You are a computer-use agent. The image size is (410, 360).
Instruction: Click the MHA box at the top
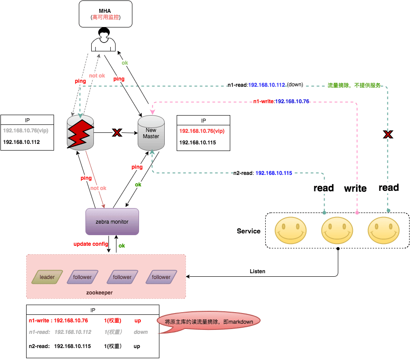(x=105, y=13)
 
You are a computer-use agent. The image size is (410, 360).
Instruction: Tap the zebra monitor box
(x=112, y=221)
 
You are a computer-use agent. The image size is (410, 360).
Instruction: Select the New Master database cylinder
(x=151, y=132)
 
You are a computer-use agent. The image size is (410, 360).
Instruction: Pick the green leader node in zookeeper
(x=47, y=277)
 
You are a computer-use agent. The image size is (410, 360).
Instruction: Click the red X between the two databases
(x=116, y=132)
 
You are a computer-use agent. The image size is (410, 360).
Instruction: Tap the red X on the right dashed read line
(x=388, y=134)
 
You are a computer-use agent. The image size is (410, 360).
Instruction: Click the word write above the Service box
(x=355, y=189)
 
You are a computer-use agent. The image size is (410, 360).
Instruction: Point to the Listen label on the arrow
(x=257, y=271)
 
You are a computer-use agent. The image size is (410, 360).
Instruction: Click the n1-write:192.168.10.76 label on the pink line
(x=281, y=101)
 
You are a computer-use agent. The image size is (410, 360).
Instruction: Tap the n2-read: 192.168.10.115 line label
(x=263, y=173)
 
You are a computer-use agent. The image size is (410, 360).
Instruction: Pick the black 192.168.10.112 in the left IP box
(x=21, y=142)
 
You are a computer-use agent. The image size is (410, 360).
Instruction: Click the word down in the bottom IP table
(x=141, y=332)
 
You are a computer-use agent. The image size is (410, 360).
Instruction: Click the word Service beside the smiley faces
(x=248, y=231)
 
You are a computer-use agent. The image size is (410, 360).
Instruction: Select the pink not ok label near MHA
(x=97, y=76)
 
